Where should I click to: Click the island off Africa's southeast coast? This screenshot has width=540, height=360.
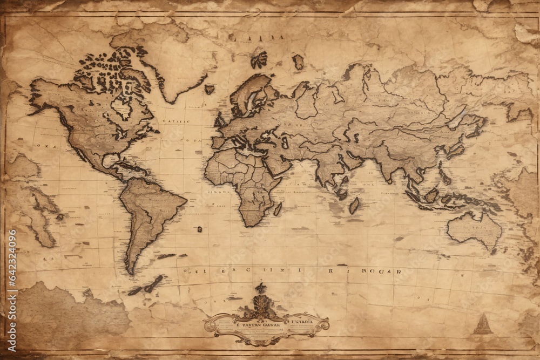278,208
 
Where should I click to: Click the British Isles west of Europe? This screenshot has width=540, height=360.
220,120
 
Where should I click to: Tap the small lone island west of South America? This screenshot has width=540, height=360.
199,229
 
